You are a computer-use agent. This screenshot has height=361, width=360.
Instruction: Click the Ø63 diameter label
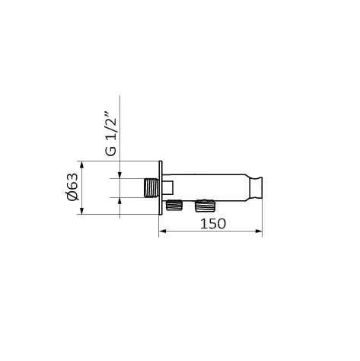[x=72, y=187]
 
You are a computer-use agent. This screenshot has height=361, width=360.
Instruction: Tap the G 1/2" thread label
[x=110, y=136]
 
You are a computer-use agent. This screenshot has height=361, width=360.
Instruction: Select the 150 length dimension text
[x=213, y=224]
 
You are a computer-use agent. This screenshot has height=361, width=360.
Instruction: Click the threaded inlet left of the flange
[x=151, y=188]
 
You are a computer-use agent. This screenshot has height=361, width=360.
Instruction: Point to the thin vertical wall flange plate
[x=161, y=188]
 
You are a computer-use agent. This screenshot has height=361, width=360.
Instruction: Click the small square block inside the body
[x=167, y=187]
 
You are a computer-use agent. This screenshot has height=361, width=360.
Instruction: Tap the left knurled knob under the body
[x=174, y=206]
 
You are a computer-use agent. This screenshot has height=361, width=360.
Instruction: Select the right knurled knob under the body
[x=204, y=206]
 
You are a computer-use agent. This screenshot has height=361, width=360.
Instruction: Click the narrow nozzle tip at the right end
[x=256, y=188]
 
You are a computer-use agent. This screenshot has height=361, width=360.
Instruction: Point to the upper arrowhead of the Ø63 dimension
[x=81, y=165]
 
